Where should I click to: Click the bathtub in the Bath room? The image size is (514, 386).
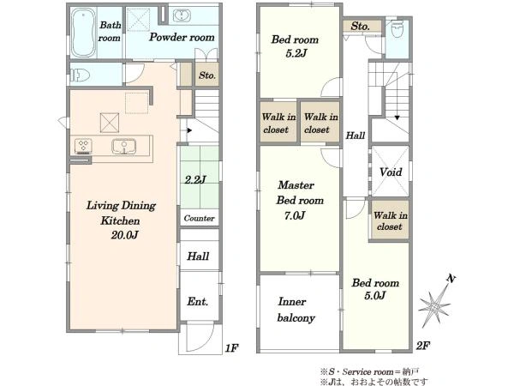(x=83, y=33)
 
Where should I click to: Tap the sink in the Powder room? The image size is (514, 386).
(x=182, y=15)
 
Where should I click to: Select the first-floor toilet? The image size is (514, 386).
(x=80, y=75)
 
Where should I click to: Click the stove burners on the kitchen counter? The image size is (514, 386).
(x=83, y=146)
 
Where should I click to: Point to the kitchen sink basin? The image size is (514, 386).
(x=124, y=147)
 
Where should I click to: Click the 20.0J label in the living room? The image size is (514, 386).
(x=124, y=235)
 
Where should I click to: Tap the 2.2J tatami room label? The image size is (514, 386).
(x=195, y=179)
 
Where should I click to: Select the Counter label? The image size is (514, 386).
(x=199, y=218)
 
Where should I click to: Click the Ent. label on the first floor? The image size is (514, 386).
(x=198, y=301)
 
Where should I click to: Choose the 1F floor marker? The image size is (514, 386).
(x=231, y=348)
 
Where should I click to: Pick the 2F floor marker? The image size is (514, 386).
(x=423, y=346)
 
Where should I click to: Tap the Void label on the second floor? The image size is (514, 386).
(x=391, y=172)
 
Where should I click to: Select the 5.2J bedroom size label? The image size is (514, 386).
(x=296, y=53)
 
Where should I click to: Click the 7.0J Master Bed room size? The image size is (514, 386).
(x=295, y=215)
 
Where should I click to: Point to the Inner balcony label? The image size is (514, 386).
(x=296, y=310)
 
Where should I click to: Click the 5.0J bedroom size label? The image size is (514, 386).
(x=374, y=295)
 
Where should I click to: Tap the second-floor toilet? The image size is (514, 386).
(x=397, y=29)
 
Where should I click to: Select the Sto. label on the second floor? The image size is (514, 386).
(x=361, y=26)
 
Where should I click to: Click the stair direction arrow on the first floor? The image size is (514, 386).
(x=189, y=130)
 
